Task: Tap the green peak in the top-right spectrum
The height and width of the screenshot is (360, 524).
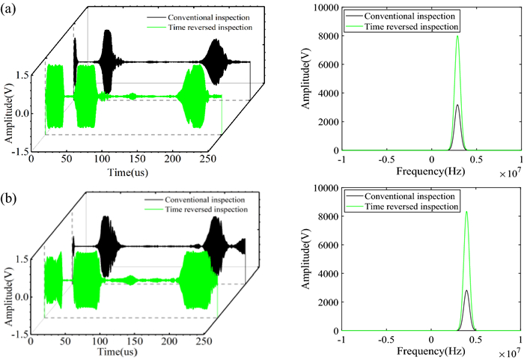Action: click(457, 37)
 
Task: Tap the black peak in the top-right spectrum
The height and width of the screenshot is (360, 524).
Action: click(457, 106)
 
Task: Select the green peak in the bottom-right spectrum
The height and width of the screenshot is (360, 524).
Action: click(466, 212)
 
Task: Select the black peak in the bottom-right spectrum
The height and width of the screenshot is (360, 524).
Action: click(466, 290)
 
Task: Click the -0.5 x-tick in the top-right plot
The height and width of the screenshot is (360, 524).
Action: click(386, 159)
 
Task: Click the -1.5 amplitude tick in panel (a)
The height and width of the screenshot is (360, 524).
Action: click(19, 152)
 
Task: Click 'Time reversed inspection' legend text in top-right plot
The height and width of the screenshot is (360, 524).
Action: click(410, 25)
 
